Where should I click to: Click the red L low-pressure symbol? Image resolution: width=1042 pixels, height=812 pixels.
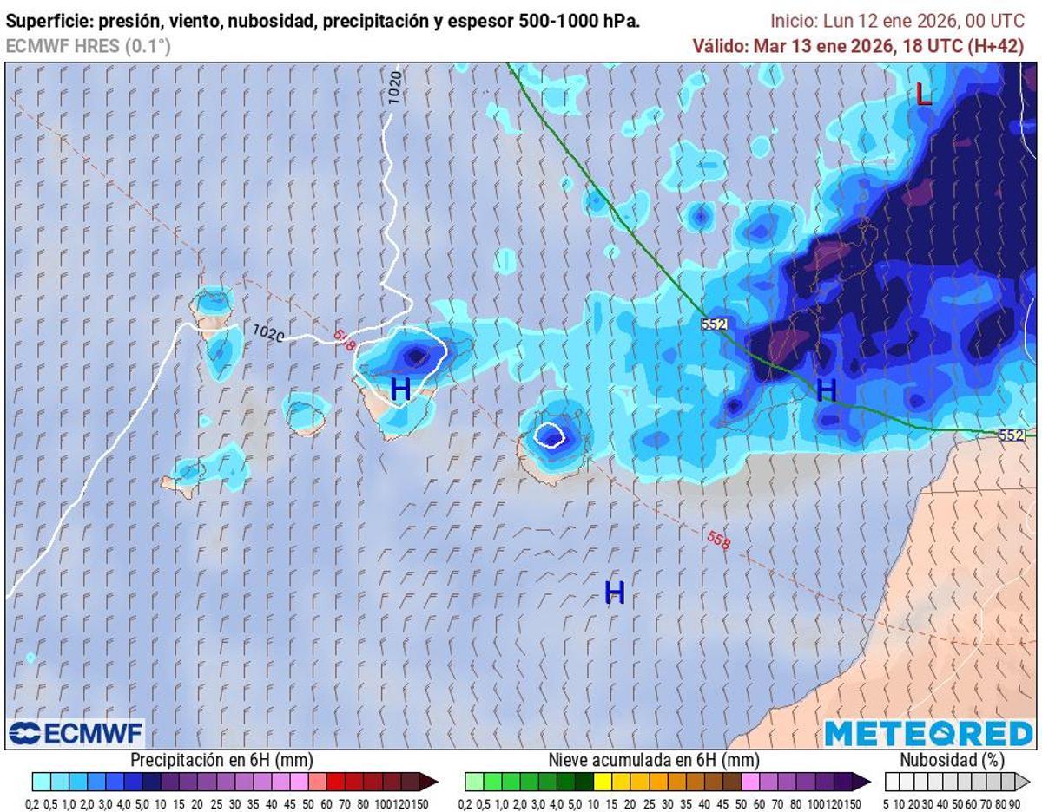924,94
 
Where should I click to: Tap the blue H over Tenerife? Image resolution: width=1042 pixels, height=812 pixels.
400,389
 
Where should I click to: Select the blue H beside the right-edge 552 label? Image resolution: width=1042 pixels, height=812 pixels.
827,390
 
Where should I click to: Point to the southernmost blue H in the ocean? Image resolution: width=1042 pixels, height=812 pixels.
615,593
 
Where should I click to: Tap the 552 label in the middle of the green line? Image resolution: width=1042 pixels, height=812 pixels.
714,324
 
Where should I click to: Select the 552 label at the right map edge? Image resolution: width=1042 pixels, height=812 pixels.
1011,435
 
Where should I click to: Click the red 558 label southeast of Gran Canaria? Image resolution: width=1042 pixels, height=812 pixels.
718,539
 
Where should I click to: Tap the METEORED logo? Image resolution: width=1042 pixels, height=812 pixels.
928,734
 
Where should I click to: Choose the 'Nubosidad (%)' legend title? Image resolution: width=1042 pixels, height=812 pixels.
952,760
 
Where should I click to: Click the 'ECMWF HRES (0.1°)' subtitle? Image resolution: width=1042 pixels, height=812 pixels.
88,46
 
